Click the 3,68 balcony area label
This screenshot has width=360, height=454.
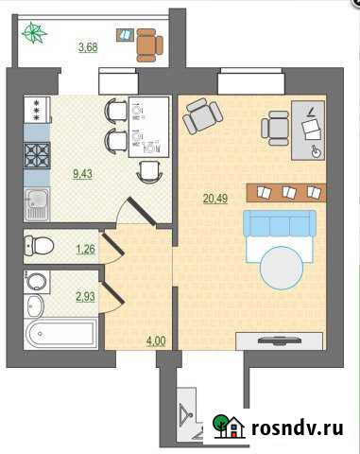pyautogui.click(x=88, y=47)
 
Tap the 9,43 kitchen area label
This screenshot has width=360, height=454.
pyautogui.click(x=82, y=173)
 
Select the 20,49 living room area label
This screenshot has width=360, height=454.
pyautogui.click(x=215, y=199)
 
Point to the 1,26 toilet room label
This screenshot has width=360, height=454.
pyautogui.click(x=85, y=249)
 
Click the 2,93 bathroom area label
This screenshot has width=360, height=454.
pyautogui.click(x=85, y=296)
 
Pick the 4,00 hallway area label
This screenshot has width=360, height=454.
pyautogui.click(x=156, y=340)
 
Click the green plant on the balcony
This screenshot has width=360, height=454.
pyautogui.click(x=34, y=32)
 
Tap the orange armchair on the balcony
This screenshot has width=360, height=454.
pyautogui.click(x=149, y=45)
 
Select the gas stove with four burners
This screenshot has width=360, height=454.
pyautogui.click(x=37, y=155)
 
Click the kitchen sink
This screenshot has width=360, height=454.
pyautogui.click(x=37, y=204)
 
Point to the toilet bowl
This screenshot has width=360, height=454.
pyautogui.click(x=39, y=245)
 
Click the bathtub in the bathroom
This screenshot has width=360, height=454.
pyautogui.click(x=60, y=334)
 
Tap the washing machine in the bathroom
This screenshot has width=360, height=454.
pyautogui.click(x=37, y=282)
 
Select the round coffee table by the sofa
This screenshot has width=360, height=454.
pyautogui.click(x=282, y=268)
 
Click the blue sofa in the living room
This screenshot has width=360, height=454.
pyautogui.click(x=280, y=223)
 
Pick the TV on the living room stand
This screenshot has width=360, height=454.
pyautogui.click(x=280, y=340)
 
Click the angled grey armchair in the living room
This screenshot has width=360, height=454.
pyautogui.click(x=203, y=115)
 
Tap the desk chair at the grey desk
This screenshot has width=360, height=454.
pyautogui.click(x=275, y=128)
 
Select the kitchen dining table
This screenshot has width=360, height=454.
pyautogui.click(x=149, y=127)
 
